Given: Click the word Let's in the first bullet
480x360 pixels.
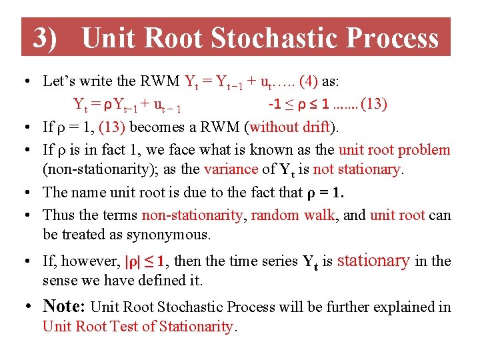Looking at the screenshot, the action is pyautogui.click(x=58, y=81).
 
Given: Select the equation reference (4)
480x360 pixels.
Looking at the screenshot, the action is pyautogui.click(x=309, y=81).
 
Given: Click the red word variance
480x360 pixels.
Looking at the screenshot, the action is pyautogui.click(x=227, y=169).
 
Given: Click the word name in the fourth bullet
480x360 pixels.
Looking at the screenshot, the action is pyautogui.click(x=100, y=193).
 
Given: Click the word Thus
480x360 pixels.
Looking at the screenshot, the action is pyautogui.click(x=57, y=215).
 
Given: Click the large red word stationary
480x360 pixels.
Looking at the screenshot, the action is pyautogui.click(x=373, y=260).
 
